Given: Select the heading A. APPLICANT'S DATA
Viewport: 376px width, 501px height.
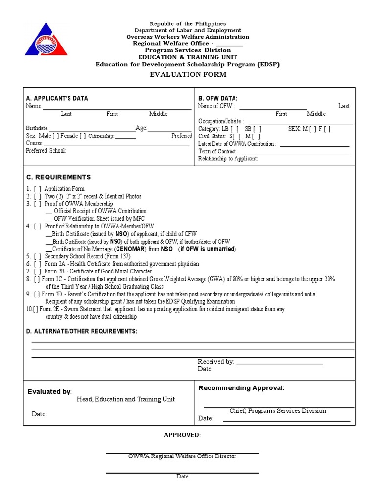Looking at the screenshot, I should click(57, 98).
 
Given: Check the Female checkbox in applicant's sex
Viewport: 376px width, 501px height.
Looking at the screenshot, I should click(83, 136).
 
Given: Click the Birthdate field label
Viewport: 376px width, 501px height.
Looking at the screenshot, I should click(37, 128).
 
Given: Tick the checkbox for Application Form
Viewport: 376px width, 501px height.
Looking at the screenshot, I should click(37, 189).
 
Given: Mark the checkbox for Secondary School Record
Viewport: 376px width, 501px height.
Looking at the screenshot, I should click(37, 256).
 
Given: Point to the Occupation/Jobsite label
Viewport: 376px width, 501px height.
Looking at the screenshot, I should click(221, 121).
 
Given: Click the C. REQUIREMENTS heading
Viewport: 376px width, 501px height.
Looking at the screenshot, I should click(58, 177).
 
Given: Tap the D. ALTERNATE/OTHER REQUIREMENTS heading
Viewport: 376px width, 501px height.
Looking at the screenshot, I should click(81, 332).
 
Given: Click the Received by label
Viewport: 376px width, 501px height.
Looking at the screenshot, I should click(216, 362).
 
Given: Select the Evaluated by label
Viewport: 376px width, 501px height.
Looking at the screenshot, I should click(49, 392).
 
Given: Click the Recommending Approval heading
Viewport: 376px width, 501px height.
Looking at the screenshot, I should click(241, 388).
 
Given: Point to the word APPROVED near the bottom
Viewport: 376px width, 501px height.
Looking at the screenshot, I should click(182, 435).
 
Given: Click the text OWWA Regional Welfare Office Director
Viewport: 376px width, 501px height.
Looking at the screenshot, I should click(182, 456).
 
